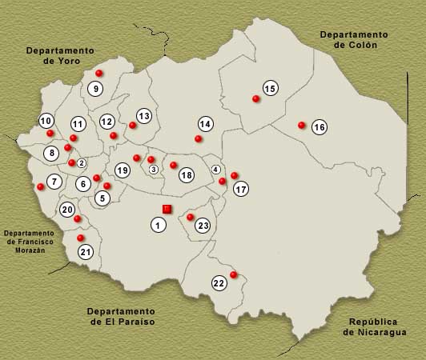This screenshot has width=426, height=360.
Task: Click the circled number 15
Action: [270, 88]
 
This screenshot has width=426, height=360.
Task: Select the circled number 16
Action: [319, 127]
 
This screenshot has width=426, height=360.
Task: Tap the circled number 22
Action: [219, 282]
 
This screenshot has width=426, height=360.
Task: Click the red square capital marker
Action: [167, 209]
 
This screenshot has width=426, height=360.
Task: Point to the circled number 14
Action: [206, 124]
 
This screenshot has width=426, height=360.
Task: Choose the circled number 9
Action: [95, 89]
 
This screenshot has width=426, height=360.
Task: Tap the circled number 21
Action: [86, 252]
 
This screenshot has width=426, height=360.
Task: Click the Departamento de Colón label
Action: [353, 40]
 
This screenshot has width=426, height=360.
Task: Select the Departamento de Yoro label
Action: [58, 55]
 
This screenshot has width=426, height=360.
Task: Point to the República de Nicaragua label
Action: [375, 326]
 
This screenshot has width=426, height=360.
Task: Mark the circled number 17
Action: [241, 190]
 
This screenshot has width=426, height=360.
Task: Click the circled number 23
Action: [203, 226]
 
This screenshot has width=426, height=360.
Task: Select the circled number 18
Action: [187, 174]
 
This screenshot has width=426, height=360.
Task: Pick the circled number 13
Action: [143, 116]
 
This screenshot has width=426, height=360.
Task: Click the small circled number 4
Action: [215, 170]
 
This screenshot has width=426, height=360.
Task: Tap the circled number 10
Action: [46, 122]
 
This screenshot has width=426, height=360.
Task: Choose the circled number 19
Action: [122, 170]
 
